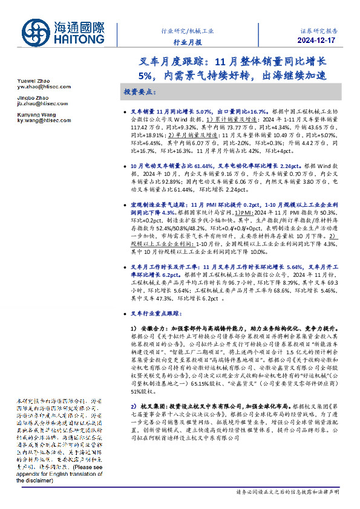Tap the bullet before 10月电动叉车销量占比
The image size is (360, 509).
[125, 165]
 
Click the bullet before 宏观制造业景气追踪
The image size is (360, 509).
[125, 205]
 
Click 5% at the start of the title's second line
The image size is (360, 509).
[147, 76]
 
